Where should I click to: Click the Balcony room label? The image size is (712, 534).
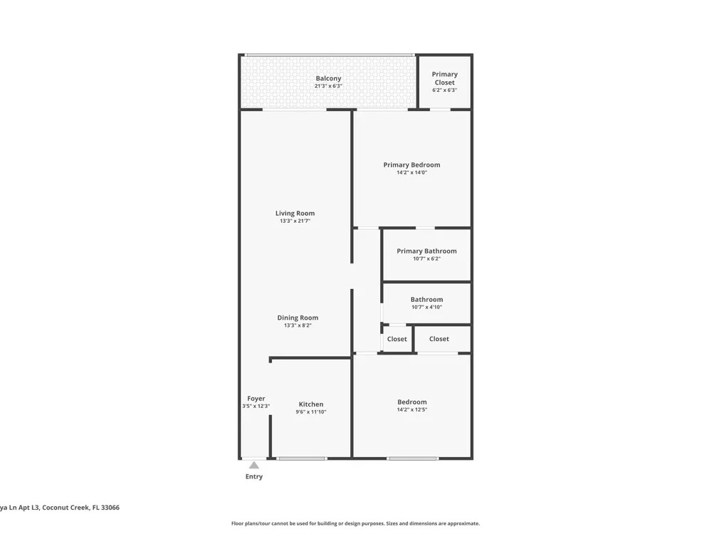point(328,78)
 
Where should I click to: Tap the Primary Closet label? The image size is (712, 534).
point(444,78)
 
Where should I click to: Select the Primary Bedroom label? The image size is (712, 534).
point(412,165)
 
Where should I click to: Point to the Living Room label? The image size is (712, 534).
point(295,213)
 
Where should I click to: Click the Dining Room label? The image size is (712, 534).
point(298,318)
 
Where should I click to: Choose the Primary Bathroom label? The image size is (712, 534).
point(426,251)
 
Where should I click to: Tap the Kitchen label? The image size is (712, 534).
point(311,404)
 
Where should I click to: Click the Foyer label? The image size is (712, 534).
point(256,398)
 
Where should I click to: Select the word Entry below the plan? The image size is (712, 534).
point(254,476)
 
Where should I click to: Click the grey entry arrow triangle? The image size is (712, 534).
point(254,465)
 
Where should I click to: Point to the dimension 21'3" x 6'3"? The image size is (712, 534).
point(328,86)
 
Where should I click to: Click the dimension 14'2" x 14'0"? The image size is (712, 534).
point(412,172)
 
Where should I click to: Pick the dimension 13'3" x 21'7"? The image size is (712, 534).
point(295,221)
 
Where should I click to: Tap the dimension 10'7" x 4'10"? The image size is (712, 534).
point(426,307)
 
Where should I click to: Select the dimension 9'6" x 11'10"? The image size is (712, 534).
point(311,412)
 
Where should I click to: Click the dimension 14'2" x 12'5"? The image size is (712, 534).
point(412,409)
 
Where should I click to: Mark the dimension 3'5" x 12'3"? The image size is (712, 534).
point(256,406)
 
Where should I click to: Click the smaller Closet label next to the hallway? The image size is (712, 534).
point(397,339)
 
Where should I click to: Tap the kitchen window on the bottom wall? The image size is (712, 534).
point(302,459)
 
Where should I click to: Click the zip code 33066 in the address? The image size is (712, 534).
point(110,508)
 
